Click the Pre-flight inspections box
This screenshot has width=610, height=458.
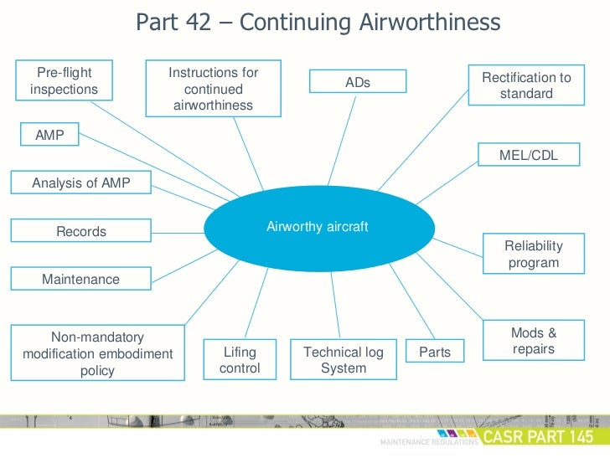click(64, 81)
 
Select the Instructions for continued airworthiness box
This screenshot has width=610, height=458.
click(213, 89)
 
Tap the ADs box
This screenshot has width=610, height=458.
click(358, 82)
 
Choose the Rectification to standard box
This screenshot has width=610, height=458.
click(526, 85)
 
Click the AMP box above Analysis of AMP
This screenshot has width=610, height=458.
click(49, 135)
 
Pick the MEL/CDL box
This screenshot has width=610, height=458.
click(528, 155)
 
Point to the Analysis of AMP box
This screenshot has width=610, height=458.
click(81, 183)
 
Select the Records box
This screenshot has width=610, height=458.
click(81, 231)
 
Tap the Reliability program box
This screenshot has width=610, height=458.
click(533, 254)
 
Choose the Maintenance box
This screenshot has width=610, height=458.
click(81, 279)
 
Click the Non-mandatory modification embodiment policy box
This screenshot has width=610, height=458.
click(97, 353)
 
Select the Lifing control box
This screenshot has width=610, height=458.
click(240, 360)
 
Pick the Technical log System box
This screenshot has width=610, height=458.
click(344, 360)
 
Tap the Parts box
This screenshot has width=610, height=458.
click(434, 353)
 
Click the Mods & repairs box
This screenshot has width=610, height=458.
click(533, 341)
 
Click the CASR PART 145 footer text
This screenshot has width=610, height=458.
click(543, 437)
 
